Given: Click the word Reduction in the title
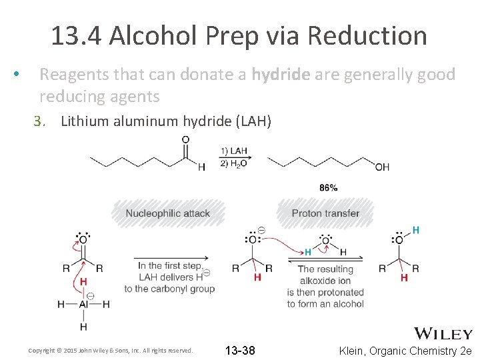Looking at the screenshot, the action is click(370, 35).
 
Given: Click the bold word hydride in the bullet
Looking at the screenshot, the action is click(281, 74).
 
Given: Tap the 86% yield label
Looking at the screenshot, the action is click(328, 188).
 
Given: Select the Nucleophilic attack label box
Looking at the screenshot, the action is click(168, 213).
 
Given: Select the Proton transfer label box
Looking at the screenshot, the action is click(325, 213).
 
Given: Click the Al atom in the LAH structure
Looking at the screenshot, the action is click(83, 304).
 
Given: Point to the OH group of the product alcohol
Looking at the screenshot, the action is click(382, 167).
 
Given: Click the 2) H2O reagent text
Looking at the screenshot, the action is click(233, 164).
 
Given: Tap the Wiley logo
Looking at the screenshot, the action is click(443, 333).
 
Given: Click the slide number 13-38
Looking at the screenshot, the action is click(240, 351).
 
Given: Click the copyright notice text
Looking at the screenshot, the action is click(110, 351).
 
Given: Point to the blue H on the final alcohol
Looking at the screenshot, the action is click(416, 230).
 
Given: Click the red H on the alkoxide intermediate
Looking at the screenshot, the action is click(257, 277).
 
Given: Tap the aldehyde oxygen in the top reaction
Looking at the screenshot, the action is click(185, 140).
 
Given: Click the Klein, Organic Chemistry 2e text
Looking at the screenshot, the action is click(405, 351).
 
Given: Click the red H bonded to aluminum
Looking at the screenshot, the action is click(83, 281).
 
